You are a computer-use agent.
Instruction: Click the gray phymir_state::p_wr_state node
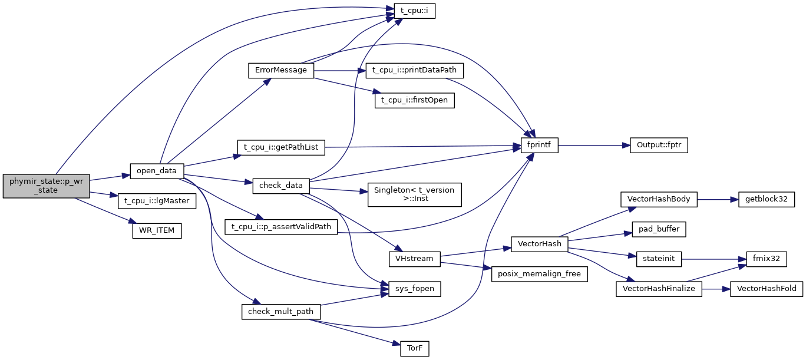tap(46, 186)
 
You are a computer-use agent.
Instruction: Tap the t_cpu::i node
tap(410, 11)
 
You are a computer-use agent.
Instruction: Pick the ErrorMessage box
tap(280, 70)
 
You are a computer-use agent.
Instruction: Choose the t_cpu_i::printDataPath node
tap(415, 70)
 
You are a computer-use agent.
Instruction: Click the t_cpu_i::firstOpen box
tap(414, 100)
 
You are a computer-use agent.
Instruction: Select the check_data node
tap(281, 186)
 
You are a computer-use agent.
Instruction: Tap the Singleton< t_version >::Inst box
tap(414, 194)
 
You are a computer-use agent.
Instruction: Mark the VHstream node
tap(415, 258)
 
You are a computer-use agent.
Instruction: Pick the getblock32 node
tap(762, 199)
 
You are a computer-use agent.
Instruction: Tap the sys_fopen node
tap(410, 289)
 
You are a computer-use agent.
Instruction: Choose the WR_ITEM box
tap(157, 230)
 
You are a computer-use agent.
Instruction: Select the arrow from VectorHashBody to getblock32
tap(714, 199)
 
